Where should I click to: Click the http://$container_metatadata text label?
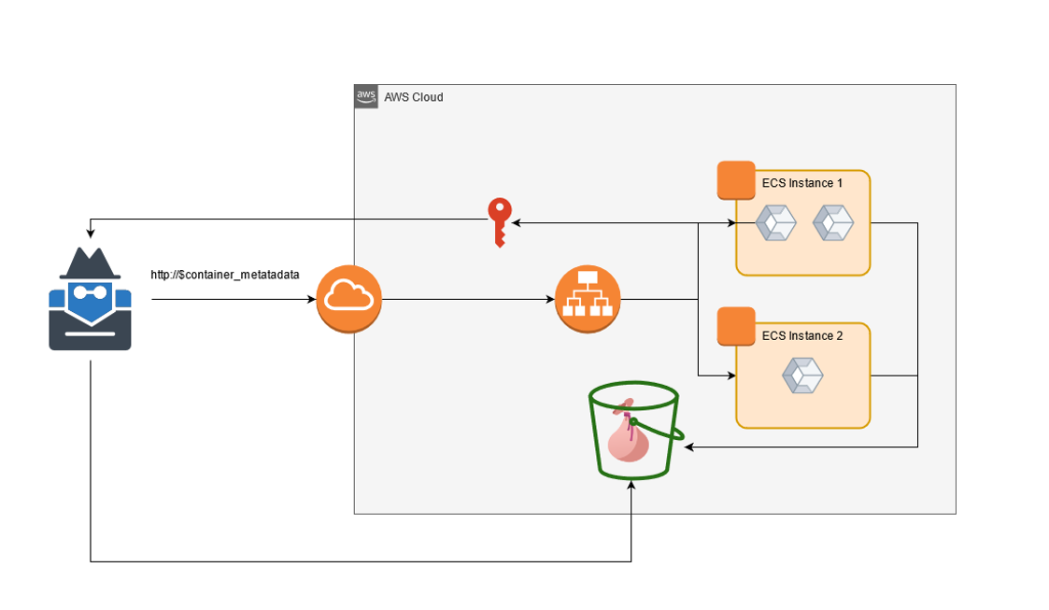(225, 275)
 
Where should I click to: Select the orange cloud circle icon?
(349, 299)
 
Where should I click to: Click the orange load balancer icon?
(588, 299)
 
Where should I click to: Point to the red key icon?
(500, 221)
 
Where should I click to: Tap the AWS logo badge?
(366, 96)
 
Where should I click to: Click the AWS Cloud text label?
(414, 97)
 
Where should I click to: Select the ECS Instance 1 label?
(802, 183)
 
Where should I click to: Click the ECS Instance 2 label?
(802, 335)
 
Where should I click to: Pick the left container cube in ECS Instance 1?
(775, 222)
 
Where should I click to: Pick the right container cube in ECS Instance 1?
(833, 222)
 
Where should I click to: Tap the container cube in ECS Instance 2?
(802, 376)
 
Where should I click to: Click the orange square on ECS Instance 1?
(736, 180)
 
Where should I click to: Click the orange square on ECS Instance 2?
(736, 326)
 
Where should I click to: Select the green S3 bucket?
(633, 430)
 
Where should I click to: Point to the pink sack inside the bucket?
(627, 438)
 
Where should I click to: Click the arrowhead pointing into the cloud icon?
(311, 300)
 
